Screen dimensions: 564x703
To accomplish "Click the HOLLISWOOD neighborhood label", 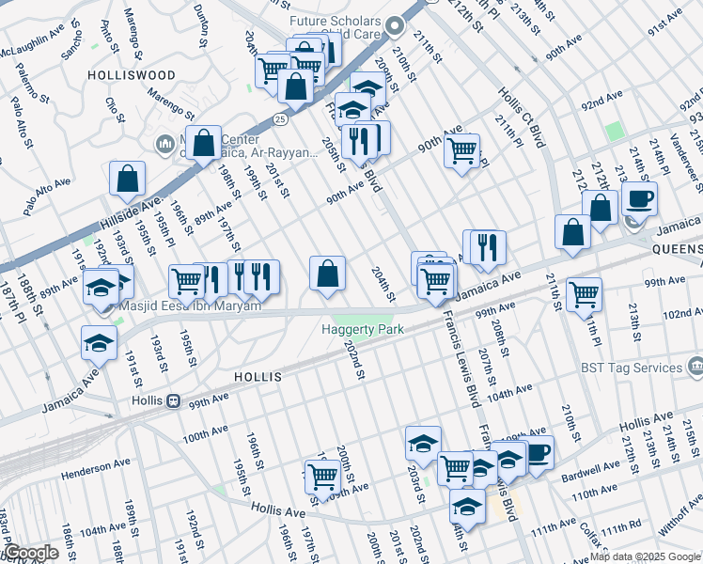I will tap(132, 74).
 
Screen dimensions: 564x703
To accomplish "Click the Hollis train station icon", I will tap(172, 401).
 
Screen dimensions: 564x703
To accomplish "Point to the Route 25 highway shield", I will tap(280, 119).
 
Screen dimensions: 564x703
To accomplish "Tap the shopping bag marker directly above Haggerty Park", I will tap(327, 274).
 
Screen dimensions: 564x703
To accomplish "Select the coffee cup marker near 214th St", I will tap(639, 199).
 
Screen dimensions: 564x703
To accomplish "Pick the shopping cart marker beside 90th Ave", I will tap(461, 150).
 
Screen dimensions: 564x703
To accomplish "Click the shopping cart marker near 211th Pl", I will tap(584, 294).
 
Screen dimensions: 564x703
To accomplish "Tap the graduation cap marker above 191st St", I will tap(99, 345).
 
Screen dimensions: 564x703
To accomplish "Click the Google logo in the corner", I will tap(31, 553).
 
